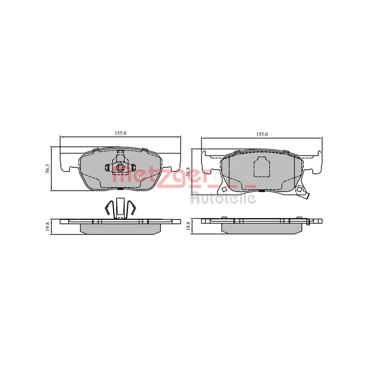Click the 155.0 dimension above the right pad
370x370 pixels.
point(262,134)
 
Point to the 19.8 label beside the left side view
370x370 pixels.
point(47,226)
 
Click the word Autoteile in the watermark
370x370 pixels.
point(223,198)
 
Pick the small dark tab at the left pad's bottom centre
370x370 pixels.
point(121,189)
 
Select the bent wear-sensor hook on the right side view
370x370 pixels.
point(308,222)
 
